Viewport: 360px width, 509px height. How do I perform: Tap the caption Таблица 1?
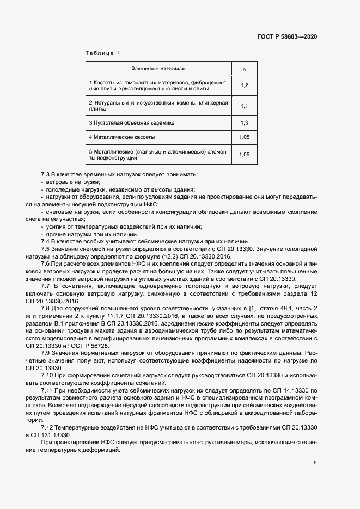(x=102, y=53)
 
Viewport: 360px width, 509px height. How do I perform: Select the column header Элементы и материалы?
(x=158, y=69)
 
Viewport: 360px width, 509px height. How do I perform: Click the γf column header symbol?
(x=244, y=69)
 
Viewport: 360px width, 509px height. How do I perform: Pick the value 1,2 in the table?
(x=244, y=85)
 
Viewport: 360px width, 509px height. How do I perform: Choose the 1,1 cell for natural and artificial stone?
(x=244, y=106)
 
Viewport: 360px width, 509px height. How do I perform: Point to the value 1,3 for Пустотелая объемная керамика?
(x=244, y=123)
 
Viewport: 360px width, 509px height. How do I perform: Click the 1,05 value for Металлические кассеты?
(x=244, y=137)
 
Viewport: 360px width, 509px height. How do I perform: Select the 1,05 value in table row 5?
(x=244, y=155)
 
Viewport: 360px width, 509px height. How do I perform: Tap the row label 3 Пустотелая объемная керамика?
(x=132, y=123)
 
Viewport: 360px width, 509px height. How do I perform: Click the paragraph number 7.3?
(x=46, y=174)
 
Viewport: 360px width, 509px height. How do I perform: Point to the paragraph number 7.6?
(x=46, y=263)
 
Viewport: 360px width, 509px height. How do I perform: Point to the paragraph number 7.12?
(x=47, y=428)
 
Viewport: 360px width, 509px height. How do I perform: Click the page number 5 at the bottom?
(x=315, y=463)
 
